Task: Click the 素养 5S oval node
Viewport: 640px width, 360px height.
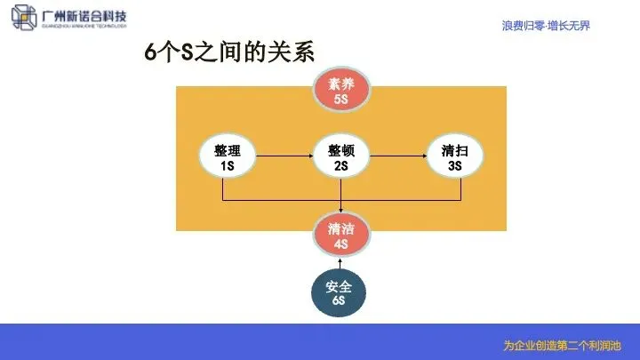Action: pyautogui.click(x=340, y=92)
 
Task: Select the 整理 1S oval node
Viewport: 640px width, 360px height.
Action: pyautogui.click(x=227, y=157)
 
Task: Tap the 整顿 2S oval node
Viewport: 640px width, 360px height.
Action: pyautogui.click(x=340, y=157)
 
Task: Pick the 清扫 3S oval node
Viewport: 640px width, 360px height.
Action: pyautogui.click(x=454, y=157)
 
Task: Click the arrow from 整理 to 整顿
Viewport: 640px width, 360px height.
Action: pyautogui.click(x=284, y=157)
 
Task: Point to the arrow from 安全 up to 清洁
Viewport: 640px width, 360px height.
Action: pyautogui.click(x=340, y=262)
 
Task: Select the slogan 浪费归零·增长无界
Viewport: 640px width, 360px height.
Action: pyautogui.click(x=545, y=26)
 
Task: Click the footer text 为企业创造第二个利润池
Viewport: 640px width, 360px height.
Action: pyautogui.click(x=560, y=345)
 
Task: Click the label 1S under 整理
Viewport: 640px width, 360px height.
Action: pyautogui.click(x=227, y=165)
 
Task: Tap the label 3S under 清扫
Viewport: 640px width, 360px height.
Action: pyautogui.click(x=454, y=165)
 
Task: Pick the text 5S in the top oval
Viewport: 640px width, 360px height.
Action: pyautogui.click(x=340, y=100)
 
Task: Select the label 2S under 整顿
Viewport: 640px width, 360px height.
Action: pyautogui.click(x=340, y=165)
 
